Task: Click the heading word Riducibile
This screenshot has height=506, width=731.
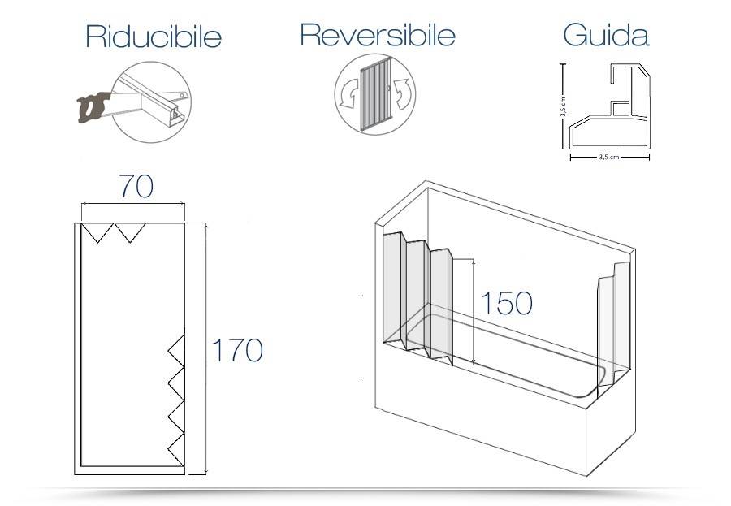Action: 153,37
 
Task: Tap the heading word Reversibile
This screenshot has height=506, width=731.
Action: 377,35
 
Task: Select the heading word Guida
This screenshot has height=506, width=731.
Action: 605,35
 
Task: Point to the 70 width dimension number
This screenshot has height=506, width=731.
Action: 136,186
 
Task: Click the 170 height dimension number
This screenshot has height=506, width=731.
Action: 237,351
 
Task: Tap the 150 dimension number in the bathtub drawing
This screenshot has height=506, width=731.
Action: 506,304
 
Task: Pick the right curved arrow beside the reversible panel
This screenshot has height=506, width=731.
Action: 403,94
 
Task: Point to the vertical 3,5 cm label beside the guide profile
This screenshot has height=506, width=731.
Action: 563,108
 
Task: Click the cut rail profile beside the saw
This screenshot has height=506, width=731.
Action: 154,99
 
